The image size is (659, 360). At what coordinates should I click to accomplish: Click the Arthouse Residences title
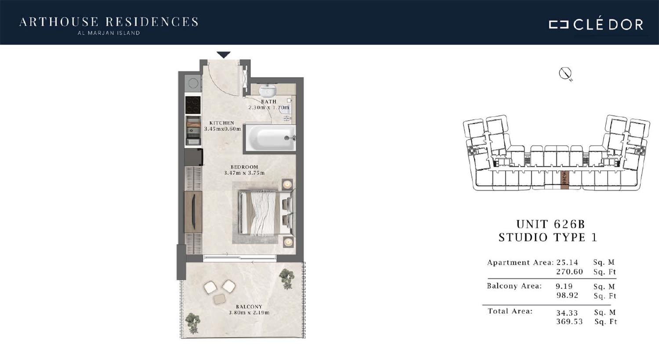[109, 22]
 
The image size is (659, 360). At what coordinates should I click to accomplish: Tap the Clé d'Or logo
[596, 25]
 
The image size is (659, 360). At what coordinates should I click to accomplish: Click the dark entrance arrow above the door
[224, 55]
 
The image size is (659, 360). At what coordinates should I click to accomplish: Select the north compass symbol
[565, 74]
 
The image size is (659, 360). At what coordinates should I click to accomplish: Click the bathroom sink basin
[268, 90]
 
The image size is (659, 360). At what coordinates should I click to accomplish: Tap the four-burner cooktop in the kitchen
[193, 104]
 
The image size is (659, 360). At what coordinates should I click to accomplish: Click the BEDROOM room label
[244, 167]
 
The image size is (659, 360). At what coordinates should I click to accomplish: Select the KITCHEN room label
[222, 123]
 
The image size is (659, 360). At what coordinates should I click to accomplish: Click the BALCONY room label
[249, 306]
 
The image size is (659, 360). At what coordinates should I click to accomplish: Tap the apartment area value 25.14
[567, 262]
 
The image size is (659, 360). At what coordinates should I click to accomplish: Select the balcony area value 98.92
[567, 295]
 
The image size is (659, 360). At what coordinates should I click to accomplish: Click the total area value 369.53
[569, 321]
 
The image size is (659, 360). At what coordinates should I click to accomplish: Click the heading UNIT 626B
[551, 224]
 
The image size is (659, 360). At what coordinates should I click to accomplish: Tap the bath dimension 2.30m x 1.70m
[268, 108]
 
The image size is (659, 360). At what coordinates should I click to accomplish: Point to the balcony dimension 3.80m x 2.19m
[249, 313]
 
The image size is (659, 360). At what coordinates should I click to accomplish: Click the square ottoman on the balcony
[220, 299]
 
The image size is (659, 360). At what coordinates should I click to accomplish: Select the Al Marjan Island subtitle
[109, 33]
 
